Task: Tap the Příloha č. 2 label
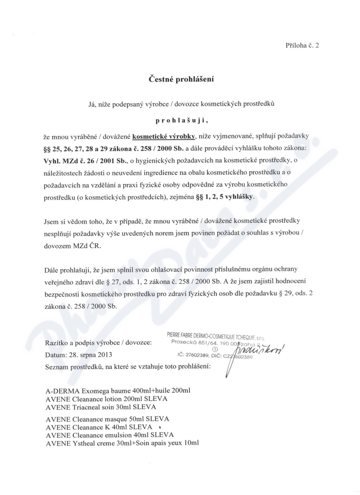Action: [302, 45]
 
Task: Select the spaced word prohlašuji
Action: [182, 121]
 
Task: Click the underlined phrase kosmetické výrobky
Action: [165, 135]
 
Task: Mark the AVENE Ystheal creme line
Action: [122, 443]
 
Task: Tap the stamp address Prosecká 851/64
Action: [198, 342]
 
